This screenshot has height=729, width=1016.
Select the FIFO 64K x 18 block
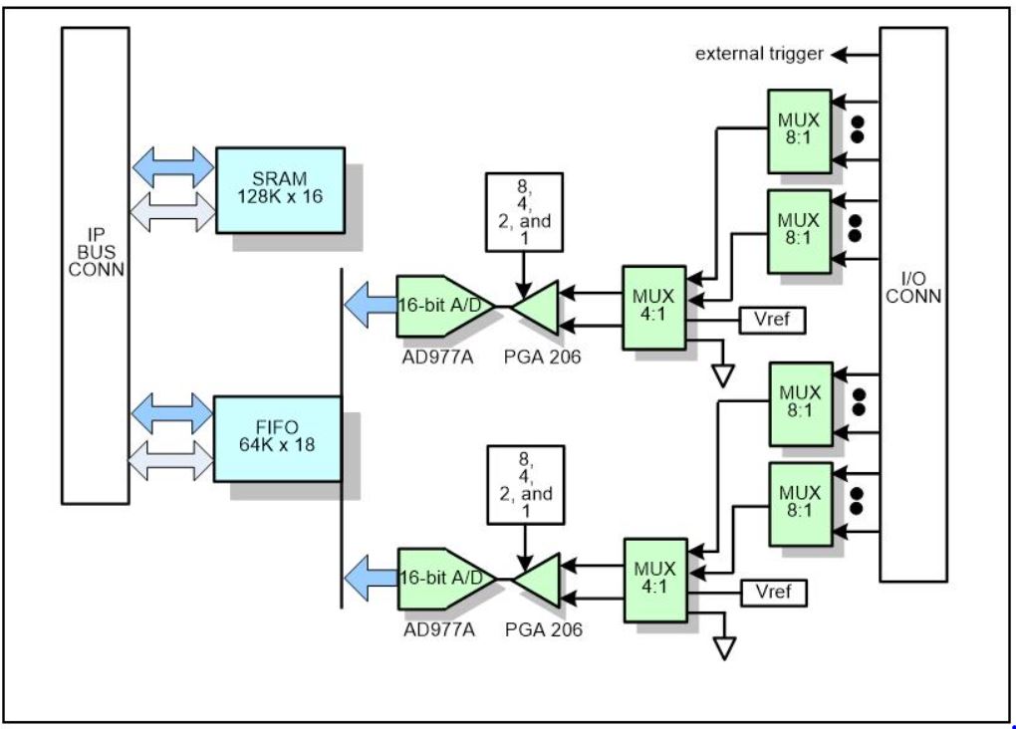(x=277, y=437)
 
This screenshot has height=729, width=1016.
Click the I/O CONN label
(x=913, y=288)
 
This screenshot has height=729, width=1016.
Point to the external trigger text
(x=759, y=54)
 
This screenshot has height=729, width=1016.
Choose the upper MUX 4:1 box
(x=654, y=307)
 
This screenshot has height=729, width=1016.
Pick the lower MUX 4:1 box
(x=654, y=579)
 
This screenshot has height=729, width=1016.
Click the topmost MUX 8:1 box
(x=799, y=129)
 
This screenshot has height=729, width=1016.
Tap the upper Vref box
(x=772, y=321)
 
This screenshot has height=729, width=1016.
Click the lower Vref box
(x=773, y=593)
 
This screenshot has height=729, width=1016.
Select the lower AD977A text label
(x=438, y=628)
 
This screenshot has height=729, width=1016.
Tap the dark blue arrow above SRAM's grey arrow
(x=172, y=165)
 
